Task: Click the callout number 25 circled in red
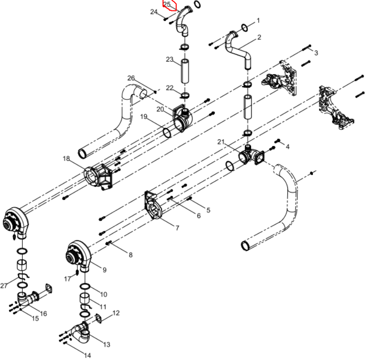[167, 4]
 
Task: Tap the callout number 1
[258, 20]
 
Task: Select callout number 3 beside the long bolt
[316, 53]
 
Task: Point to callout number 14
[87, 355]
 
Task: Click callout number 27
[4, 286]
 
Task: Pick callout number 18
[66, 158]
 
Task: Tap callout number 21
[221, 142]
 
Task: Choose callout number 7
[178, 228]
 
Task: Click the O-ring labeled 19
[167, 133]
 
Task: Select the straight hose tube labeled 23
[185, 71]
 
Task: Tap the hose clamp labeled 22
[185, 95]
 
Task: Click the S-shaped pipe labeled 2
[237, 49]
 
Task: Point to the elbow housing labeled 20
[182, 118]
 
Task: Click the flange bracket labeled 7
[153, 205]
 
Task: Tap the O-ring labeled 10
[85, 286]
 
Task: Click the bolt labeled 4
[278, 141]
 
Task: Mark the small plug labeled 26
[155, 92]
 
